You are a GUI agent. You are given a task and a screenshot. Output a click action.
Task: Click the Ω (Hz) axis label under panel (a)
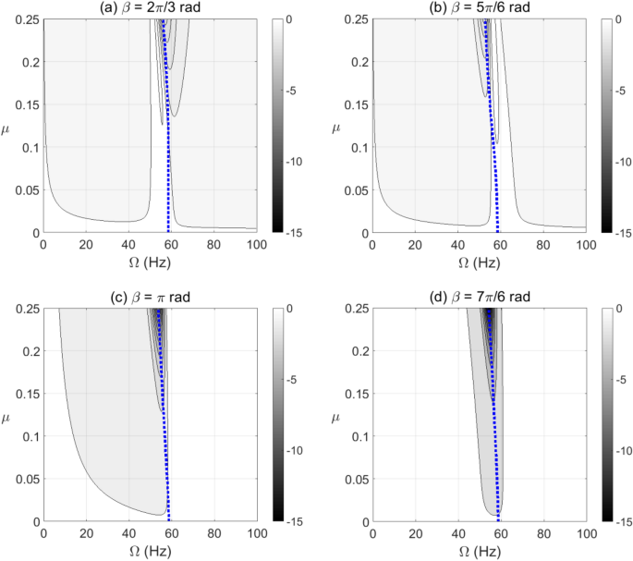150,264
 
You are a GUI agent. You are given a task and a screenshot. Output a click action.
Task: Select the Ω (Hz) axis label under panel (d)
478,553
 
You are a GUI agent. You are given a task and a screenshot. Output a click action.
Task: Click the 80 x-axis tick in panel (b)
542,247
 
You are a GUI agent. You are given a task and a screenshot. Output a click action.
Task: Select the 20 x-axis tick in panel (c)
86,535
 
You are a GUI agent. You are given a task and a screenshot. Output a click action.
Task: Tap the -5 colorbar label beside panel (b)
622,91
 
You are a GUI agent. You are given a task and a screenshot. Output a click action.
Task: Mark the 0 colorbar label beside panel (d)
619,309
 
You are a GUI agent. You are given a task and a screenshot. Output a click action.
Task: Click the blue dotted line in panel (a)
166,139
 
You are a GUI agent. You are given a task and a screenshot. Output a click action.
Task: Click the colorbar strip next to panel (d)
604,415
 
